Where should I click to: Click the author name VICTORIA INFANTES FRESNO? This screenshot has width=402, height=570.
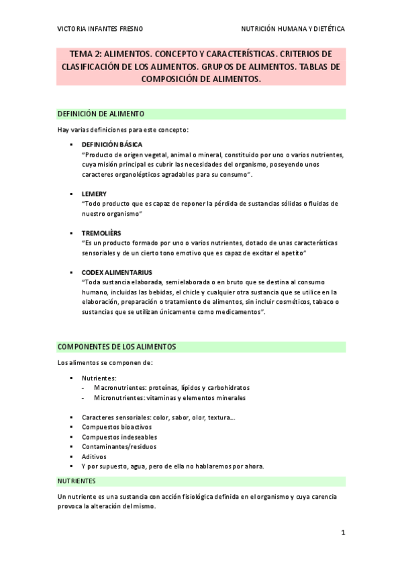(100, 30)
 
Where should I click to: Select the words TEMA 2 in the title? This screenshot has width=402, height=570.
(86, 53)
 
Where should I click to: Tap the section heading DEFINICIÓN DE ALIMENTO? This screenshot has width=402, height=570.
(101, 114)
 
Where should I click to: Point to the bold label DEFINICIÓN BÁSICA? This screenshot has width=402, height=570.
(112, 145)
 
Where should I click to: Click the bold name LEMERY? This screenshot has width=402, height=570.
(94, 194)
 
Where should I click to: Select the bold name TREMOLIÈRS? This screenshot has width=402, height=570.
(101, 233)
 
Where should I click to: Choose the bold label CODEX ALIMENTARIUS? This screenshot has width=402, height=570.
(117, 272)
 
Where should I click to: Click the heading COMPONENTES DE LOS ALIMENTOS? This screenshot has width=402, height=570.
(117, 347)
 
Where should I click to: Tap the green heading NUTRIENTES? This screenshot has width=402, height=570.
(77, 481)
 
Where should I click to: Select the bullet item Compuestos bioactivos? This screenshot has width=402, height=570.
(117, 427)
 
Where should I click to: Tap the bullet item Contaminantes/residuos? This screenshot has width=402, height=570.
(119, 446)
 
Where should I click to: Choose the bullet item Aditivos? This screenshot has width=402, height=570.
(94, 456)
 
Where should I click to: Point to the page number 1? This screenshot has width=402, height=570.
(343, 533)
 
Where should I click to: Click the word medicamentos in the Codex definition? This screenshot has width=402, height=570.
(237, 313)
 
